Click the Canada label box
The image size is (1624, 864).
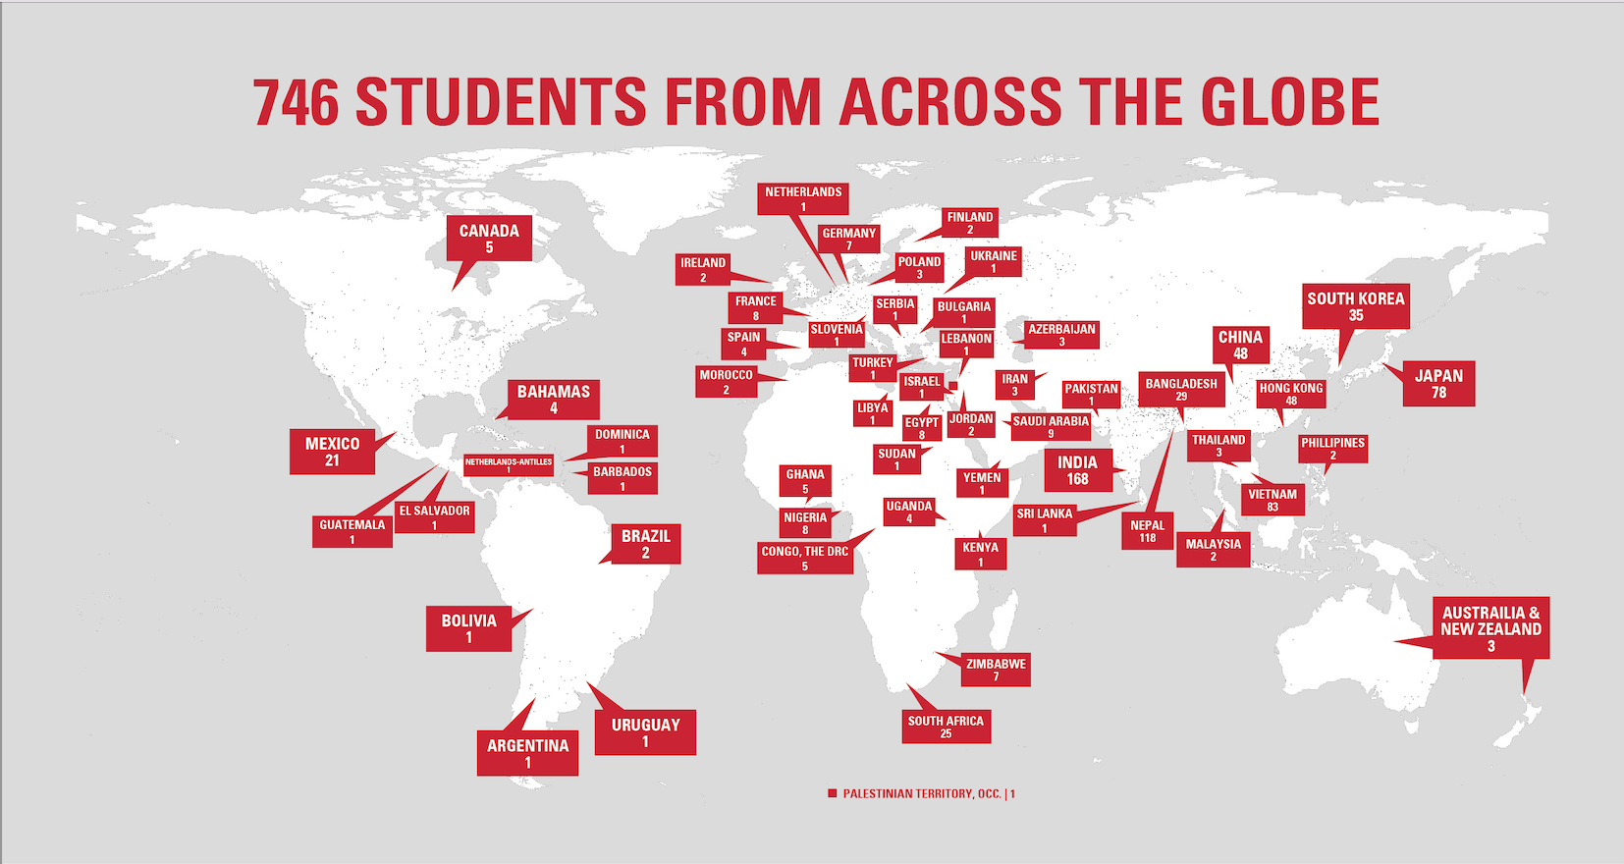pyautogui.click(x=489, y=239)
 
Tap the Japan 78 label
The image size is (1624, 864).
pyautogui.click(x=1438, y=384)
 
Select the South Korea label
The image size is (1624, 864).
pyautogui.click(x=1355, y=306)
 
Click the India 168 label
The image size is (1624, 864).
pyautogui.click(x=1077, y=470)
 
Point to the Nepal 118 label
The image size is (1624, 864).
pyautogui.click(x=1147, y=531)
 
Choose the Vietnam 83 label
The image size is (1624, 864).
pyautogui.click(x=1272, y=500)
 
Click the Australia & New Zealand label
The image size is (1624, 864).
pyautogui.click(x=1490, y=628)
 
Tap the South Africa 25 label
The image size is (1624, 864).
pyautogui.click(x=946, y=727)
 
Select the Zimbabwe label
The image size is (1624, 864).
pyautogui.click(x=996, y=670)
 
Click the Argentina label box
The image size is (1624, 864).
pyautogui.click(x=527, y=753)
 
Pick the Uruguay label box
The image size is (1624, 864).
pyautogui.click(x=645, y=732)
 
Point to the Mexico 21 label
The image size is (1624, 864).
pyautogui.click(x=332, y=452)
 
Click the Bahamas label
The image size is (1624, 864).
pyautogui.click(x=554, y=400)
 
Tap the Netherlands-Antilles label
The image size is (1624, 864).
pyautogui.click(x=509, y=464)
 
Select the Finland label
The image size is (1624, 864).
pyautogui.click(x=969, y=223)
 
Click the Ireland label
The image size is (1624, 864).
pyautogui.click(x=703, y=270)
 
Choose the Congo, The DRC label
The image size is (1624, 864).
pyautogui.click(x=804, y=558)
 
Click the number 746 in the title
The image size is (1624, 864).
pyautogui.click(x=296, y=102)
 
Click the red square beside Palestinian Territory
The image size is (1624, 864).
pyautogui.click(x=832, y=793)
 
